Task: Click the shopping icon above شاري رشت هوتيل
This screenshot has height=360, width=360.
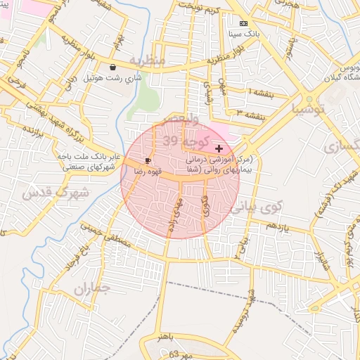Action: (113, 67)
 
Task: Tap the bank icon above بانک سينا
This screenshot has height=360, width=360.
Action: (243, 23)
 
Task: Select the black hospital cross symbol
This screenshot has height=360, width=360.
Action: (219, 148)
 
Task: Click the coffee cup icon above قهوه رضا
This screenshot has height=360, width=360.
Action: (148, 160)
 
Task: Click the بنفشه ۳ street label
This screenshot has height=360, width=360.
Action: (250, 112)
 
